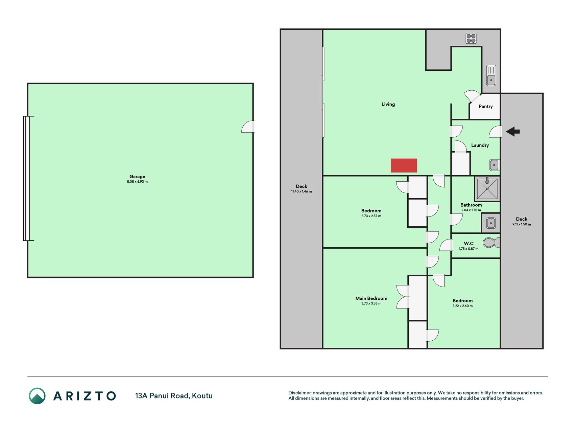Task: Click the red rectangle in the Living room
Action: pyautogui.click(x=404, y=165)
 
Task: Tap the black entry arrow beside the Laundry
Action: pyautogui.click(x=513, y=131)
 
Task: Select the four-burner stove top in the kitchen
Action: pyautogui.click(x=471, y=38)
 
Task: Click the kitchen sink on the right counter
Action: pyautogui.click(x=491, y=75)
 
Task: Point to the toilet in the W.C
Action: pyautogui.click(x=491, y=243)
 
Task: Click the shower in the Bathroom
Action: pyautogui.click(x=487, y=188)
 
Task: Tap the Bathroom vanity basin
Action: pyautogui.click(x=491, y=223)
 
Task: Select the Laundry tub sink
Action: pyautogui.click(x=494, y=165)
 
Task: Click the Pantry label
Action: pyautogui.click(x=485, y=107)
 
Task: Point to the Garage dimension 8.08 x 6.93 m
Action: pyautogui.click(x=137, y=182)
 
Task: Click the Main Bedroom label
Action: pyautogui.click(x=371, y=298)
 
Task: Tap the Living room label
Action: pyautogui.click(x=388, y=104)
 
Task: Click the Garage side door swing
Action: pyautogui.click(x=248, y=127)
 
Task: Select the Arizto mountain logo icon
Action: pyautogui.click(x=37, y=396)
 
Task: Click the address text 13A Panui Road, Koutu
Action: pyautogui.click(x=174, y=396)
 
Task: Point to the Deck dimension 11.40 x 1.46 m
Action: pyautogui.click(x=302, y=191)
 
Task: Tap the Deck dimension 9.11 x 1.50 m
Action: pyautogui.click(x=522, y=224)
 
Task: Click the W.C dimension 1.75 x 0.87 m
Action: pyautogui.click(x=468, y=249)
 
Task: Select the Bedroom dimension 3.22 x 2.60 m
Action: pyautogui.click(x=462, y=306)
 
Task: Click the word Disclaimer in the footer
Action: pyautogui.click(x=299, y=393)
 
